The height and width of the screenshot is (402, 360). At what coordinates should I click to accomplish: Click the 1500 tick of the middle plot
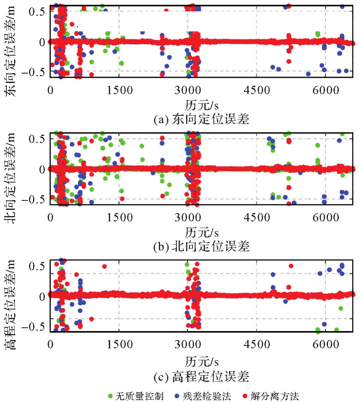click(x=119, y=217)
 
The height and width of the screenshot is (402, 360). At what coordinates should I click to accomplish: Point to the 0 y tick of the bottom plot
click(x=42, y=296)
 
